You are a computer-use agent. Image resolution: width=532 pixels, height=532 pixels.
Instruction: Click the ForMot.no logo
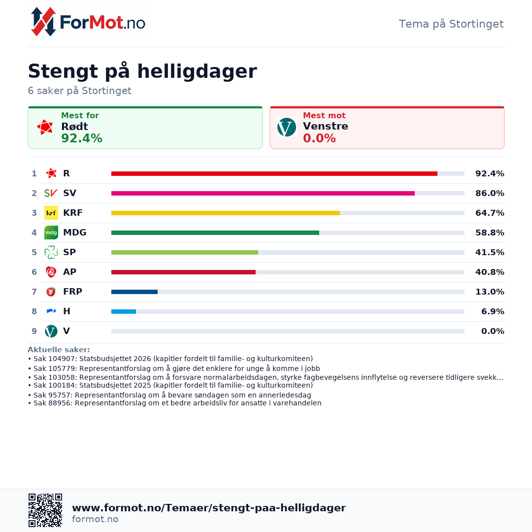pos(89,22)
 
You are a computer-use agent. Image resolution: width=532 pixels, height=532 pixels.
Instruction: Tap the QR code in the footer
pos(45,510)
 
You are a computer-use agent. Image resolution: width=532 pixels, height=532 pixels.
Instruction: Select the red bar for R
pos(274,173)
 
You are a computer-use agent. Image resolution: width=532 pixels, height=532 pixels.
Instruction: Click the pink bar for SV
pos(263,193)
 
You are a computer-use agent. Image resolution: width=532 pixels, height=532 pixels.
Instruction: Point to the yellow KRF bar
pos(225,213)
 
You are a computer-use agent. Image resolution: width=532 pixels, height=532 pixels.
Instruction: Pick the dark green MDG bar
pos(215,233)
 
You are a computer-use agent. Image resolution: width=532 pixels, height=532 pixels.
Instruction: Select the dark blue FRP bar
pos(134,292)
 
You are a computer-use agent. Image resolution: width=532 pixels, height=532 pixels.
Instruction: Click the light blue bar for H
pos(123,311)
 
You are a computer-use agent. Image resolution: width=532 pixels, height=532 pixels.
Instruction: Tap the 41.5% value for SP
pos(490,252)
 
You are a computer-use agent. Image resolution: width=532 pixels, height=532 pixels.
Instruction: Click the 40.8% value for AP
pos(490,272)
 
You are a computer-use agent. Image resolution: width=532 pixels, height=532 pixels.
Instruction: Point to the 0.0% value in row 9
pos(493,331)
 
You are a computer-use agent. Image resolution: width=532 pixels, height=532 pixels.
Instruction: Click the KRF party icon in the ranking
pos(51,213)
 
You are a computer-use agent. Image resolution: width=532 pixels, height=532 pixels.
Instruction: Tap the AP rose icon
pos(51,272)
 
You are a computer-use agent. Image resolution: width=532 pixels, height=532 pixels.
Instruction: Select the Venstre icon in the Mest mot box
pos(287,127)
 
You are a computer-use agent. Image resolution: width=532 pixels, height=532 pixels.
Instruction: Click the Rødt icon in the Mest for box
pos(45,127)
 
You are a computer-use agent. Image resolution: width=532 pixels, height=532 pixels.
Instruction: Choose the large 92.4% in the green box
pos(82,138)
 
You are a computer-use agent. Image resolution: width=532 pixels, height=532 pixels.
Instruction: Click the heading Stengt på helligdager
pos(142,71)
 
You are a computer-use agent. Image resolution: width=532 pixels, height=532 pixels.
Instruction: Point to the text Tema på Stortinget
pos(451,24)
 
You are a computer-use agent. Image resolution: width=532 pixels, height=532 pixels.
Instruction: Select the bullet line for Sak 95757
pos(169,395)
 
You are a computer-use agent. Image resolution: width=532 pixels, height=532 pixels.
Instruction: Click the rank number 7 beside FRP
pos(34,292)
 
